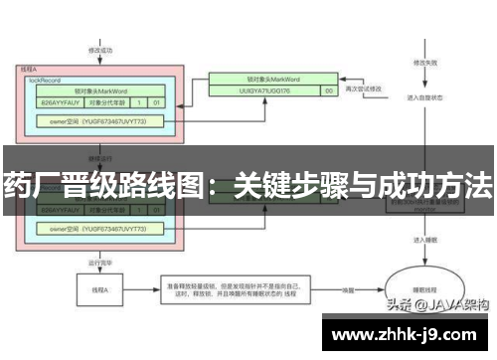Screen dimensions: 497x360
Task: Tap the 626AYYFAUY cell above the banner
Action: pos(58,101)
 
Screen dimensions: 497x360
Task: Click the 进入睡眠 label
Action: pos(416,241)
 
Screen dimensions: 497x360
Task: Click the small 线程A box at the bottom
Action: pos(97,290)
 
